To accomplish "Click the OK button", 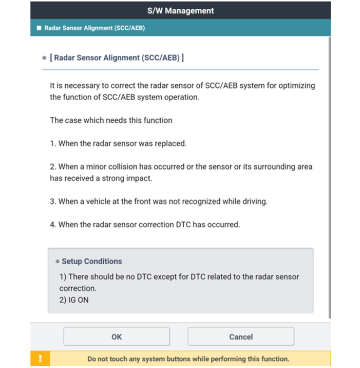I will pos(117,337).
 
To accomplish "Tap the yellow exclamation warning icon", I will pos(41,358).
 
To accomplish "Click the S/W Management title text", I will pos(180,10).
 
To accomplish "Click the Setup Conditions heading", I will pos(92,261).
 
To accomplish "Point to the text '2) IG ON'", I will pos(74,300).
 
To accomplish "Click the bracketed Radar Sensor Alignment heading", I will pos(117,58).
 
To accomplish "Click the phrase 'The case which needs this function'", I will pos(111,120).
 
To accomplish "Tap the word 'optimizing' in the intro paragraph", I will pos(297,85).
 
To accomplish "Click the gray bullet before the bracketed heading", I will pos(44,58).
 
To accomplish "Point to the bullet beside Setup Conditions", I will pos(58,262).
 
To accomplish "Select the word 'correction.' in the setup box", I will pos(78,288).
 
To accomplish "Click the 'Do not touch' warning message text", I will pos(188,359).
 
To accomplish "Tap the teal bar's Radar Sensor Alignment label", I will pos(94,28).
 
